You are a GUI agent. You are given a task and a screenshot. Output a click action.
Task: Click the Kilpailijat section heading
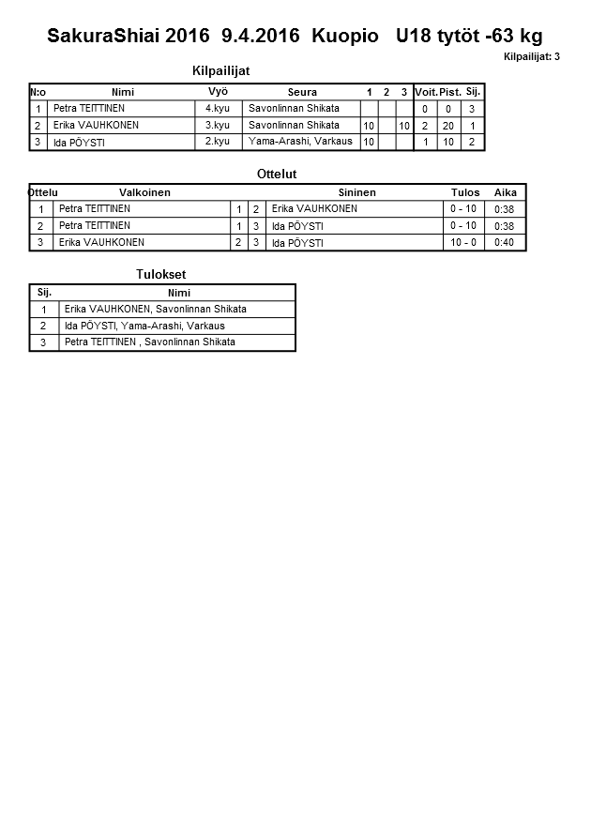220,70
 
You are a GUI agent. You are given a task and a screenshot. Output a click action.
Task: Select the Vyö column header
218,92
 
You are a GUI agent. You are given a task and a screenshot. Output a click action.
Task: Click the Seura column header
302,92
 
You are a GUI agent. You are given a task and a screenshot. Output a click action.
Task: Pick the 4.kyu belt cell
218,109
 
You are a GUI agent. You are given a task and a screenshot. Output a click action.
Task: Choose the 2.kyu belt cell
218,142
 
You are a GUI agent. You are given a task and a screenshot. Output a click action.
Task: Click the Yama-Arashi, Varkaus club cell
300,142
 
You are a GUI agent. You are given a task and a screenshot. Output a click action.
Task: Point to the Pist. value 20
448,126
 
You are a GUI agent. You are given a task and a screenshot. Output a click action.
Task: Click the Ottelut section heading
277,175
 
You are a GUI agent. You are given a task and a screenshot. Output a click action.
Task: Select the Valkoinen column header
144,192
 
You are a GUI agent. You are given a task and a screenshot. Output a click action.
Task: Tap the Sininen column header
356,192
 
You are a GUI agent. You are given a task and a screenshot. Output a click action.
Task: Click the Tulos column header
465,192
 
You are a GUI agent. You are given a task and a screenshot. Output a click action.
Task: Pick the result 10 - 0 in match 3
463,242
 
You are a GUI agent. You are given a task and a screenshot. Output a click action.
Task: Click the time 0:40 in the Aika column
505,242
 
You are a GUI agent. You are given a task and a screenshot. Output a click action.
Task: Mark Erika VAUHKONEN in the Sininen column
314,209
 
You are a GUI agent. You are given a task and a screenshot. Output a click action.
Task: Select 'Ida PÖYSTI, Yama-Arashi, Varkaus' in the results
144,326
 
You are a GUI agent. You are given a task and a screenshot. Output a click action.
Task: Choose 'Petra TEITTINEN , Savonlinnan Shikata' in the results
150,342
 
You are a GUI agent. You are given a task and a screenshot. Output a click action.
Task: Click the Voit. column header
426,92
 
